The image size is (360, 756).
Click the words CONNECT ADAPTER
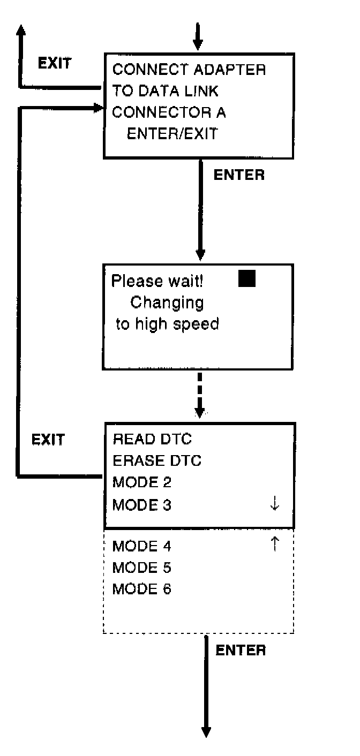coord(189,70)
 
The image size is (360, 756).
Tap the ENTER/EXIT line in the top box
coord(172,134)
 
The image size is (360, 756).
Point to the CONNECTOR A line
coord(169,112)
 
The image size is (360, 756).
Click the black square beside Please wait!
coord(247,279)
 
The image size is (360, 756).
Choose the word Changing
coord(167,303)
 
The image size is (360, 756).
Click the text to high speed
coord(167,324)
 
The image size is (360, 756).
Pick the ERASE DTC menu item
coord(157,461)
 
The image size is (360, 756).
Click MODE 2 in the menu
coord(142,482)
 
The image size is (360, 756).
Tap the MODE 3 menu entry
coord(142,504)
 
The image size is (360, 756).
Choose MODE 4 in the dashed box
coord(142,547)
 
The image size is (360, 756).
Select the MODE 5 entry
coord(142,568)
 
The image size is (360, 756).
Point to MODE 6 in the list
coord(142,589)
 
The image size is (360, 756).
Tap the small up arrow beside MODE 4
coord(275,545)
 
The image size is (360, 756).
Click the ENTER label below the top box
coord(239,175)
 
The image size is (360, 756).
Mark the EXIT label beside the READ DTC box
coord(48,440)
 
